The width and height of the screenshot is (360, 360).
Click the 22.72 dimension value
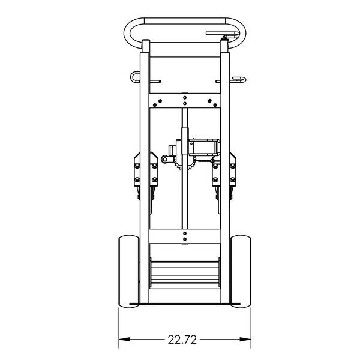(182, 340)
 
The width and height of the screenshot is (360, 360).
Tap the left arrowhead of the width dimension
(122, 340)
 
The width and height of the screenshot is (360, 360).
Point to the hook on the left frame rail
(133, 77)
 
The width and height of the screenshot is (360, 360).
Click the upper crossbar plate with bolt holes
(184, 100)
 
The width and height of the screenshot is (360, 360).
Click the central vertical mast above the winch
(185, 117)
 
